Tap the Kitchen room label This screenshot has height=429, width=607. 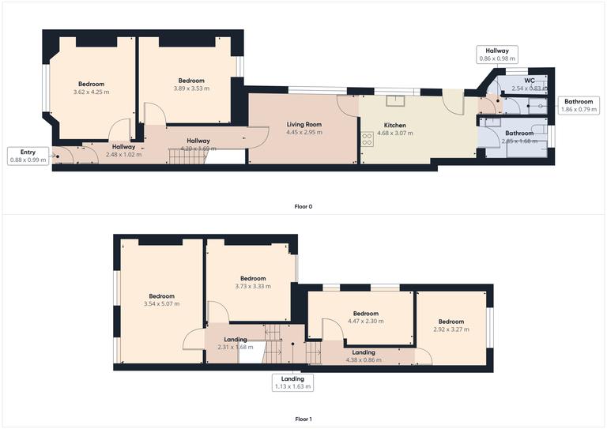pyautogui.click(x=395, y=126)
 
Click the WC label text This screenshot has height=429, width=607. pyautogui.click(x=529, y=81)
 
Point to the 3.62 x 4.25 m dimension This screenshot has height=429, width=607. pyautogui.click(x=90, y=92)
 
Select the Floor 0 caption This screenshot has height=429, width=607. pyautogui.click(x=303, y=207)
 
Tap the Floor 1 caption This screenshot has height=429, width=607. pyautogui.click(x=303, y=420)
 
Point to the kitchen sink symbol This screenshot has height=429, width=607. pyautogui.click(x=394, y=100)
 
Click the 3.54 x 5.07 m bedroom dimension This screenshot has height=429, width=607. pyautogui.click(x=161, y=304)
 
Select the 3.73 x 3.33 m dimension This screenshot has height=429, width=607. pyautogui.click(x=253, y=286)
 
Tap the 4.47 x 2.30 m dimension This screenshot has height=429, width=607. pyautogui.click(x=365, y=321)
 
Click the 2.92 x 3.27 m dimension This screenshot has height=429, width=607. pyautogui.click(x=451, y=329)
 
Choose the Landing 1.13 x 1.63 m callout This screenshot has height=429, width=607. pyautogui.click(x=292, y=383)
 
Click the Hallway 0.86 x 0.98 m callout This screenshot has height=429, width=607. pyautogui.click(x=497, y=55)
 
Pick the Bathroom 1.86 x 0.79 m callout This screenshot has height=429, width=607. pyautogui.click(x=578, y=105)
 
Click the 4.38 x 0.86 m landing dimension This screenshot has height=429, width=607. pyautogui.click(x=364, y=360)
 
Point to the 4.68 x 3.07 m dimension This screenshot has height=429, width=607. pyautogui.click(x=395, y=134)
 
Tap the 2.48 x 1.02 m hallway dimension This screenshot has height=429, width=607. pyautogui.click(x=123, y=154)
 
